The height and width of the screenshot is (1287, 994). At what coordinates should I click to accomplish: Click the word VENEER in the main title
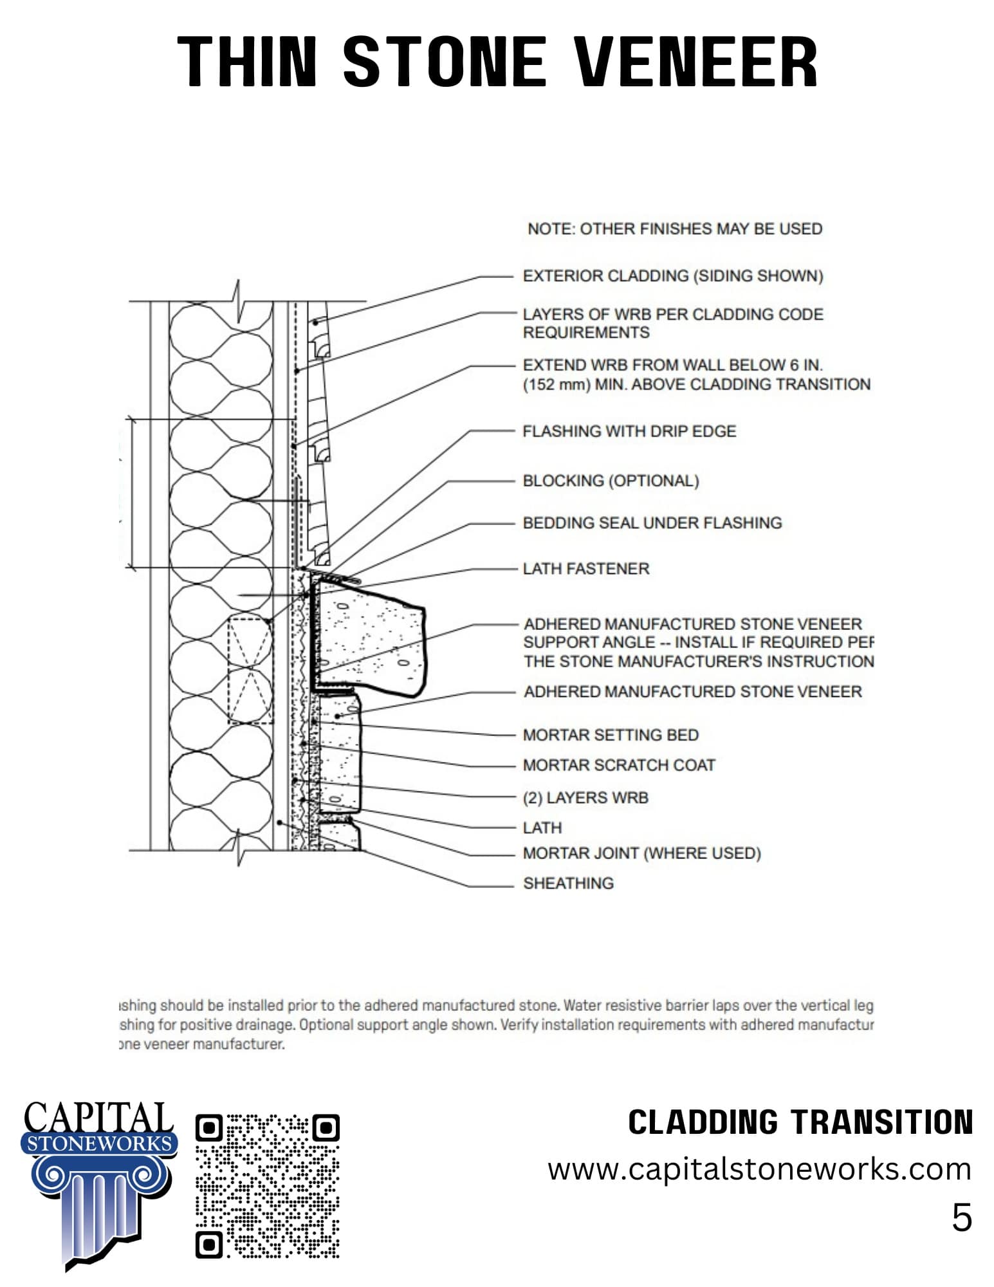[x=694, y=62]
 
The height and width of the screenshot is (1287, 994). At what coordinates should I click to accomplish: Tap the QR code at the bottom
[x=267, y=1185]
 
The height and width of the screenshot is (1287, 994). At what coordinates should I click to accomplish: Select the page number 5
[x=961, y=1218]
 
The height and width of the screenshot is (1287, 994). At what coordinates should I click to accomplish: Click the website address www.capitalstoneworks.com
[x=759, y=1169]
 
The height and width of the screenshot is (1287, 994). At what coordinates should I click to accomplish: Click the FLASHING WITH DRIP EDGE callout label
[x=629, y=431]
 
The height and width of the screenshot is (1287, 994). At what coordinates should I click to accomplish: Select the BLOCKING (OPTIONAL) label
[x=610, y=481]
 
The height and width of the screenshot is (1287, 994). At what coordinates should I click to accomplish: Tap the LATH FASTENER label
[x=585, y=569]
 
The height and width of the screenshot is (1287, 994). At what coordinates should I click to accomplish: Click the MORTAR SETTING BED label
[x=610, y=735]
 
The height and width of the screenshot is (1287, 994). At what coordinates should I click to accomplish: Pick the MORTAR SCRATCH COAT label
[x=618, y=765]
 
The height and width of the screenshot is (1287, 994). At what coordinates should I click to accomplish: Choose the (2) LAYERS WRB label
[x=585, y=798]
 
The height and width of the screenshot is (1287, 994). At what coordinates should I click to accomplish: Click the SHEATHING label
[x=568, y=883]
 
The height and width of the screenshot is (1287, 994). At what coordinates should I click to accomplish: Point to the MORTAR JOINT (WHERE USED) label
[x=641, y=853]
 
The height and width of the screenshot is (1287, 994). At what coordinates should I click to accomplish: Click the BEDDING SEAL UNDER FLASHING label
[x=652, y=523]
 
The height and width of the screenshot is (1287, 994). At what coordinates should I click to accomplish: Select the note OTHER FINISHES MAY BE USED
[x=674, y=229]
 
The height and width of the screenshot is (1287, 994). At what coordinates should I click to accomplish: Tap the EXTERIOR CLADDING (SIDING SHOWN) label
[x=672, y=276]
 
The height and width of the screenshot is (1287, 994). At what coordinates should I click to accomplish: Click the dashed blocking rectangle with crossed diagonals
[x=250, y=670]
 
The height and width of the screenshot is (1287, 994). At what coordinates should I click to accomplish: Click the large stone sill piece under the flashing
[x=370, y=637]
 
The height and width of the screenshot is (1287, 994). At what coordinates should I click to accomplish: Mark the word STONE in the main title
[x=444, y=62]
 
